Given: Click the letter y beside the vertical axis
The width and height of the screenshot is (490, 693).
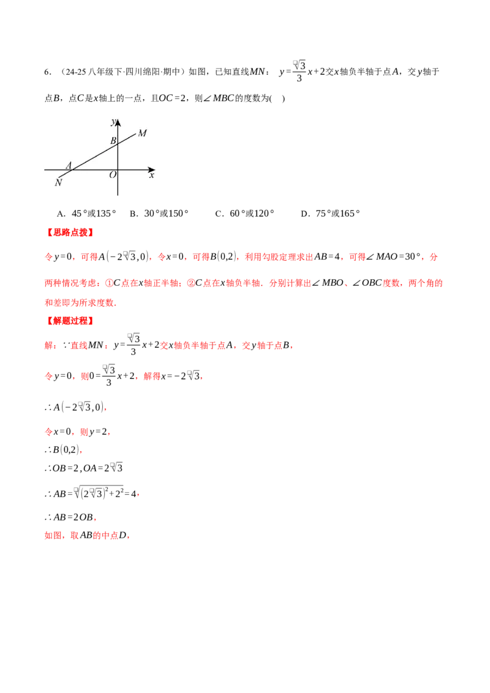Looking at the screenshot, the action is coord(113,122).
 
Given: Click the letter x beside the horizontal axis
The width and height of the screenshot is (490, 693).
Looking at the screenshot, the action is coord(151,175).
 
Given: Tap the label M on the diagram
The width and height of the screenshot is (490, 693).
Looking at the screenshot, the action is coord(142,133).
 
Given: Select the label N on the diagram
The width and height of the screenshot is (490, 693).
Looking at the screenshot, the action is coord(58,182).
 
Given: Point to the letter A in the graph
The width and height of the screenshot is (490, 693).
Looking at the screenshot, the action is coord(69,165).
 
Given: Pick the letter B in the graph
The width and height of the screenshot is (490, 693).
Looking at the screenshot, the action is coord(113,141).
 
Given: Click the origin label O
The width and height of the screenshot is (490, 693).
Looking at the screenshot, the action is coord(113,175).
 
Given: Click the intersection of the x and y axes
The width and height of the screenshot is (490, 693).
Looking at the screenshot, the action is coord(118,169).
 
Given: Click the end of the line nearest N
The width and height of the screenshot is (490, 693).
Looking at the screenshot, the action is coord(58,178).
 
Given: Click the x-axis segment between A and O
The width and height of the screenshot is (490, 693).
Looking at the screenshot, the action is coord(95,169).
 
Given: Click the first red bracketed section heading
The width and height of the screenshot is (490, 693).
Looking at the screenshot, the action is coord(69,233).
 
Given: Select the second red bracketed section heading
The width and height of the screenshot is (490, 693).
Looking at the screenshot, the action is coord(69,320).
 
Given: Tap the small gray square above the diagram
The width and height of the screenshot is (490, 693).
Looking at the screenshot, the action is coord(293,64).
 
